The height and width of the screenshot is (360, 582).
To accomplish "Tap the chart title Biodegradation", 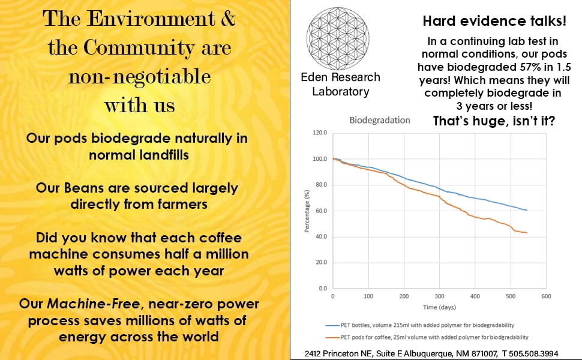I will point(380,120).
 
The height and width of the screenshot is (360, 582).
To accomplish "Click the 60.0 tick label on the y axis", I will point(321,211).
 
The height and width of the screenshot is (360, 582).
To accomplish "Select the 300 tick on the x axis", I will point(439,296).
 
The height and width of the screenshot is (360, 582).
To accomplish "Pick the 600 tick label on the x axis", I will point(546,296).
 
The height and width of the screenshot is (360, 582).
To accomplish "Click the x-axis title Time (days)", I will point(439,307).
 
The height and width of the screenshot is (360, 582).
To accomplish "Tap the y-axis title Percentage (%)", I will point(307,211).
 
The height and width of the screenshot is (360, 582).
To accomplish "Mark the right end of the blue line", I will point(527,210).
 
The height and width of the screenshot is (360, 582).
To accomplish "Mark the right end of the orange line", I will point(527,232).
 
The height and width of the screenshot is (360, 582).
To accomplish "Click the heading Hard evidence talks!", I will point(494,22).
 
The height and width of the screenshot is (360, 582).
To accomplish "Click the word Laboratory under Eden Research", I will point(340,91).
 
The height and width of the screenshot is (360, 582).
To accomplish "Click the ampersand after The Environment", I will point(229,19).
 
